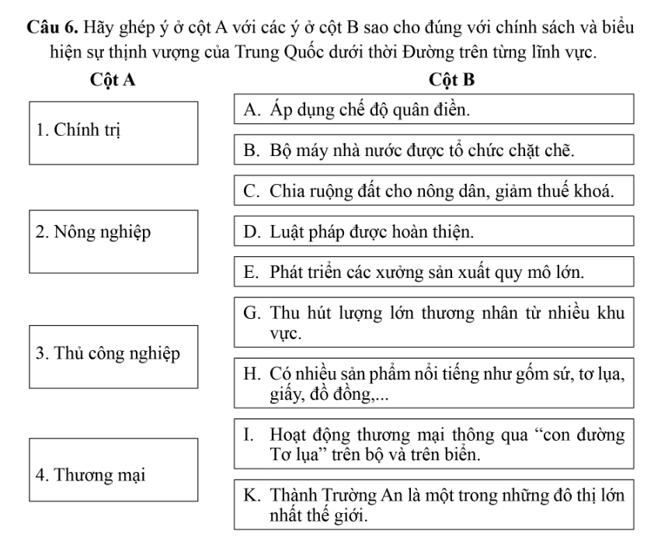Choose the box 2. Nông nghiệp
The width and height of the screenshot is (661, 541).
tap(114, 239)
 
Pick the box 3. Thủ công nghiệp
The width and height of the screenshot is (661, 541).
tap(114, 354)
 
